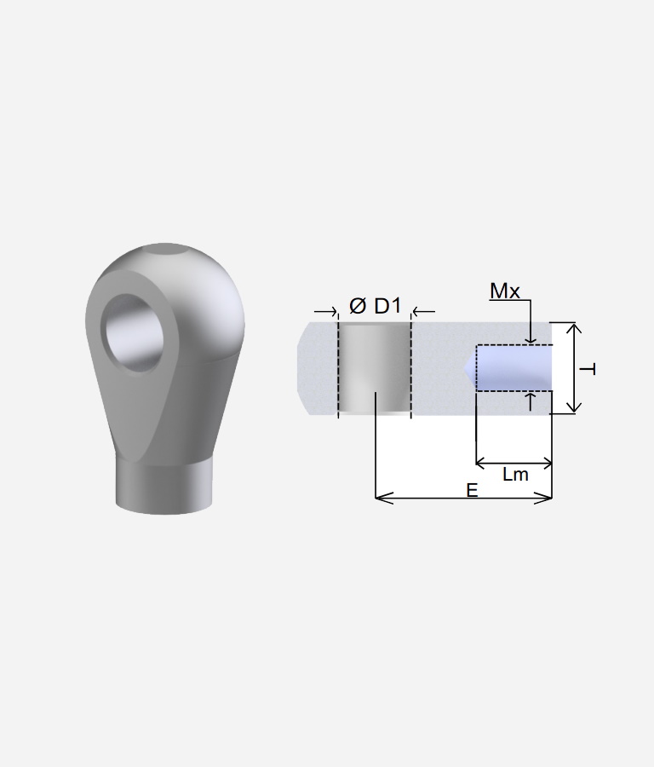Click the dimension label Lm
515,475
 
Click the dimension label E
472,490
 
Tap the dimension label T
588,369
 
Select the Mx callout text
504,291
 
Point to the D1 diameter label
387,306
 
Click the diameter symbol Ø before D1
358,306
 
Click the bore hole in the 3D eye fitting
135,332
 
